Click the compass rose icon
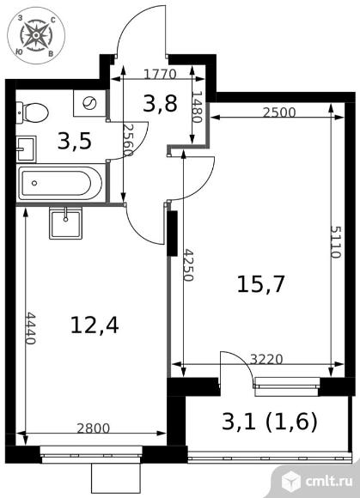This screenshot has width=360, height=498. [37, 35]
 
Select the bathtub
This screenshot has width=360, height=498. [60, 183]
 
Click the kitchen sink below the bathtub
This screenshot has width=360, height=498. [65, 222]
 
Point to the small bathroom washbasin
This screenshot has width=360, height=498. [26, 149]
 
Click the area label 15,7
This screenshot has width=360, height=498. [260, 283]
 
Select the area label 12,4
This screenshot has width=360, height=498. [95, 325]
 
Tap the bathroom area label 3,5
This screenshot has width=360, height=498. [75, 142]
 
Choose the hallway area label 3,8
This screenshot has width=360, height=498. [160, 103]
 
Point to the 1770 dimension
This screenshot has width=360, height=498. [160, 75]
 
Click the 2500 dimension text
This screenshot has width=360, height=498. [279, 112]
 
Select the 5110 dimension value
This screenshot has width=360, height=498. [336, 241]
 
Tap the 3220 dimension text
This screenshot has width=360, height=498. [266, 359]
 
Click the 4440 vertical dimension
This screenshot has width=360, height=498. [31, 328]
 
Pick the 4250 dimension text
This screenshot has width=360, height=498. [189, 265]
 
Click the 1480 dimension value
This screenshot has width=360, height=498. [197, 107]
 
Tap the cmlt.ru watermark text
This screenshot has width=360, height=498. [329, 481]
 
